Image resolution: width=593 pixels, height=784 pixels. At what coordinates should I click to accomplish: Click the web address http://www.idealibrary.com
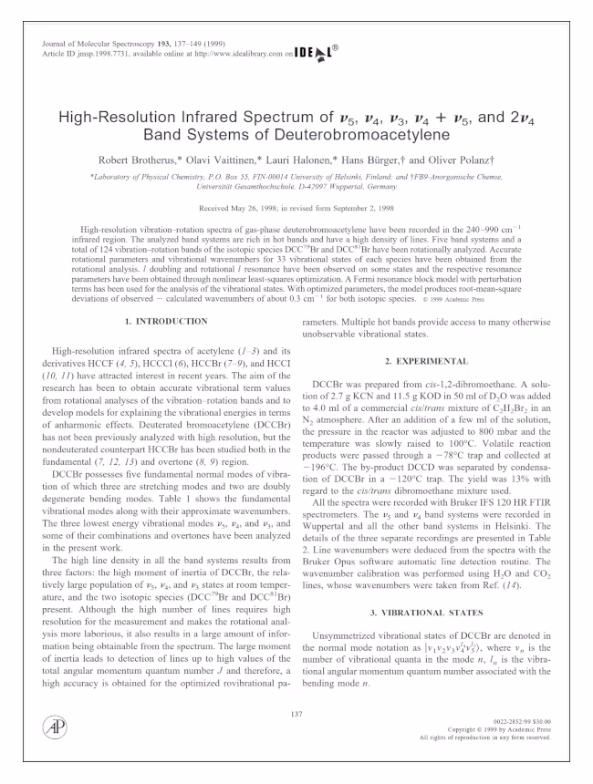click(x=228, y=56)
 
